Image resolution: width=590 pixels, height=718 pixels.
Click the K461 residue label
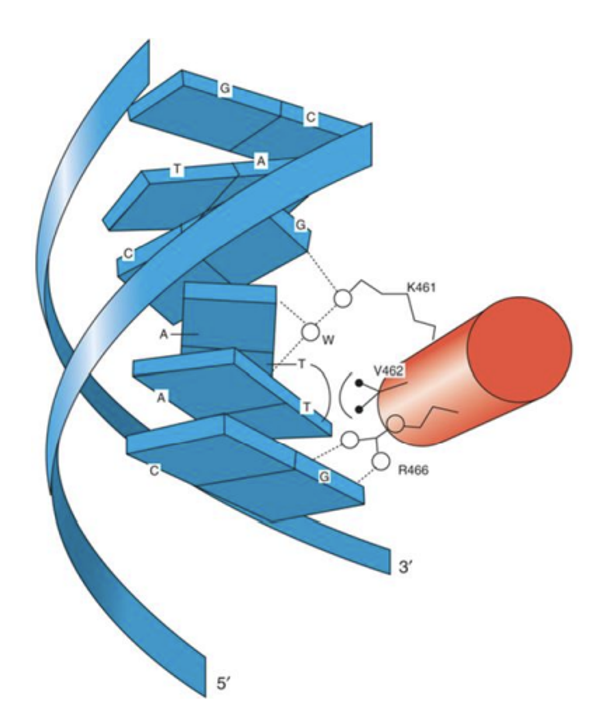click(421, 287)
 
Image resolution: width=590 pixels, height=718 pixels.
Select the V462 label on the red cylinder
click(389, 370)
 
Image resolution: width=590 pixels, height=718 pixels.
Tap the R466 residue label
click(413, 470)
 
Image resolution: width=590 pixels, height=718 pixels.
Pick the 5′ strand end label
click(224, 683)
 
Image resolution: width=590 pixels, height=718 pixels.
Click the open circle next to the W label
click(310, 331)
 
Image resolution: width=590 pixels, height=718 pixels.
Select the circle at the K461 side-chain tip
click(343, 299)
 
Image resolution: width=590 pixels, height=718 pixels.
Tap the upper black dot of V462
click(359, 383)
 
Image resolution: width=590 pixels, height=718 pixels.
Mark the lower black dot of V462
click(359, 409)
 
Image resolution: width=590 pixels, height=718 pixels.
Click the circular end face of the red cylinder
click(519, 349)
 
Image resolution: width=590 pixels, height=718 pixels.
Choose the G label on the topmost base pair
click(225, 89)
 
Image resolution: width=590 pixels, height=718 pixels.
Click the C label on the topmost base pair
click(310, 118)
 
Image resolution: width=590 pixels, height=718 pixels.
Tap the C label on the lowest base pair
click(154, 471)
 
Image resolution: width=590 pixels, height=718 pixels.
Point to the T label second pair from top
click(177, 169)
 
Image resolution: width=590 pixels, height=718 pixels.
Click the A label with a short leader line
click(164, 334)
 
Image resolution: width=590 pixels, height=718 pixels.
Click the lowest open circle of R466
click(381, 461)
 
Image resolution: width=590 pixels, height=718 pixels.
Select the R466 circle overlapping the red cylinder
click(396, 423)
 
